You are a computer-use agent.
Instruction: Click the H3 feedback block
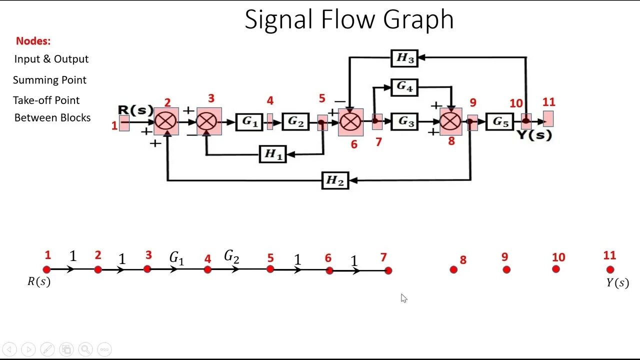[404, 58]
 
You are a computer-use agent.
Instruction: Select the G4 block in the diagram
[404, 87]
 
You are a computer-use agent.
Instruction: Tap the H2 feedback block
[334, 180]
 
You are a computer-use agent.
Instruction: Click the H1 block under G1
[273, 154]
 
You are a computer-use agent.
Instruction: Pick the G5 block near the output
[500, 121]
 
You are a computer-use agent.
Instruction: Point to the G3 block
[404, 121]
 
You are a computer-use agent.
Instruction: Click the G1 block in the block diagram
[249, 121]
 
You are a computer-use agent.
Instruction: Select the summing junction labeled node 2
[166, 121]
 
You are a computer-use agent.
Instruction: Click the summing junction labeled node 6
[350, 121]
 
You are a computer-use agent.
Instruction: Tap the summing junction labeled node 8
[451, 121]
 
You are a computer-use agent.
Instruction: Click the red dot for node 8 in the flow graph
[453, 269]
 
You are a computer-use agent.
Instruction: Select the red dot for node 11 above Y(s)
[610, 269]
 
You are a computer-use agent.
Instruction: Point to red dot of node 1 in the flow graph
[47, 269]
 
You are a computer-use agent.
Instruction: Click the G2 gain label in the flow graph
[231, 257]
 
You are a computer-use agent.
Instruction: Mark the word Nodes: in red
[33, 41]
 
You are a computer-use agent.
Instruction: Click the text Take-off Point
[46, 100]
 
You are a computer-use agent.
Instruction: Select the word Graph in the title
[418, 20]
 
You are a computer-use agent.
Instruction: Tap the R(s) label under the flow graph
[39, 281]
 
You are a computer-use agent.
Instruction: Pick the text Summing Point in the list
[49, 80]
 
